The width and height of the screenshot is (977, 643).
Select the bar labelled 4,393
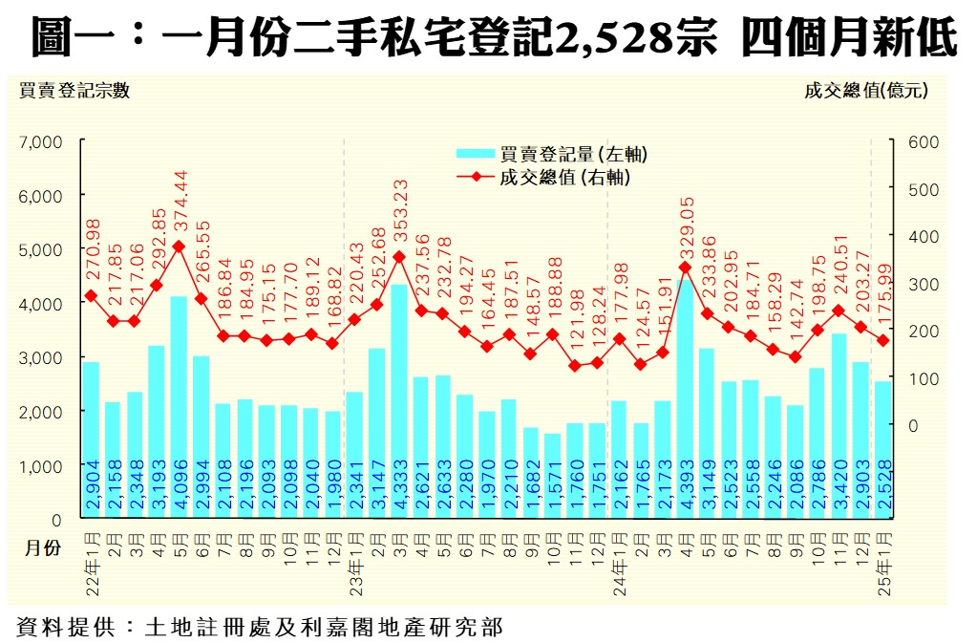[x=686, y=401]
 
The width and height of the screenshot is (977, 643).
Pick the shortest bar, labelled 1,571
[x=552, y=477]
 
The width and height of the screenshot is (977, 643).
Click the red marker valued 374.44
[x=179, y=246]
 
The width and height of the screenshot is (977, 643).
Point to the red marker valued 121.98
[x=575, y=366]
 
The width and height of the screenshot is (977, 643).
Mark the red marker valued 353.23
[x=399, y=256]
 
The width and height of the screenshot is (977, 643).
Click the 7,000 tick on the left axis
[x=41, y=141]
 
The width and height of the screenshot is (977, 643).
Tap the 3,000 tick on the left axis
[x=41, y=357]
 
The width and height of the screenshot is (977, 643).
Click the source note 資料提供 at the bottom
[x=258, y=627]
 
